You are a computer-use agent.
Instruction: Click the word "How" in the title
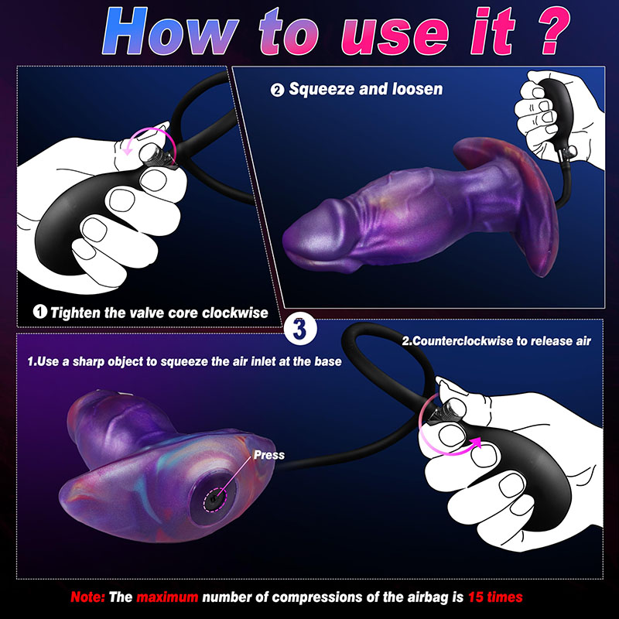170,32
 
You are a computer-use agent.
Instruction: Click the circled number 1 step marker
40,312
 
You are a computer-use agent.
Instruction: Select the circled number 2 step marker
277,90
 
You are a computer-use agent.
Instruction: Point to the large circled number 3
300,329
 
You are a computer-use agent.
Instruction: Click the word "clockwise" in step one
235,313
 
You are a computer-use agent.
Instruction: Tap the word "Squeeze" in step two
322,89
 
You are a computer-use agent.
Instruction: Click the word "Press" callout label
268,455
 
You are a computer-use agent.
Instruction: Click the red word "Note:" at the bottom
87,597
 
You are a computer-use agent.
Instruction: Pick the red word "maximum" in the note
167,597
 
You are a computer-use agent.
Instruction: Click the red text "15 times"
495,597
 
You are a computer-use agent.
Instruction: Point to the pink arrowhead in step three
476,443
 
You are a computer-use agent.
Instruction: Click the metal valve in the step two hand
570,151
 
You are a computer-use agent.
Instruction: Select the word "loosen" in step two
417,89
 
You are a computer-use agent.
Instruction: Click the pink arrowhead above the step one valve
127,150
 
